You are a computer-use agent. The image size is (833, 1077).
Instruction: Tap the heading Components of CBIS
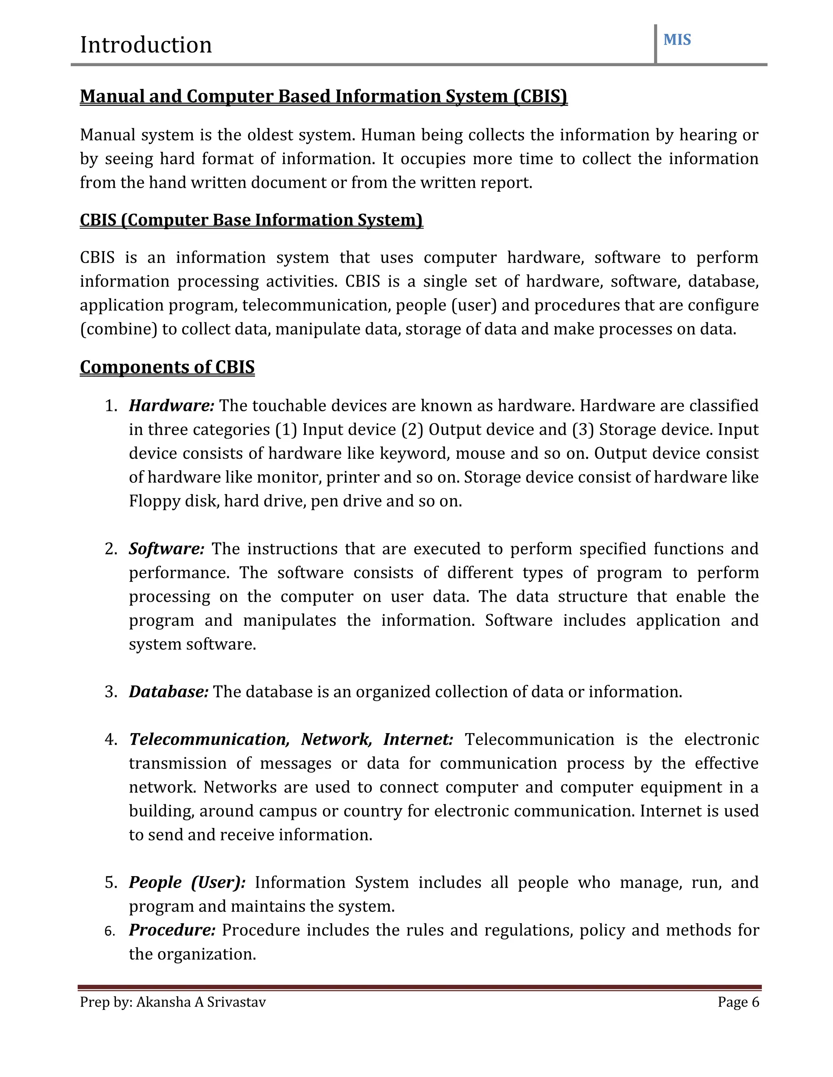[x=167, y=367]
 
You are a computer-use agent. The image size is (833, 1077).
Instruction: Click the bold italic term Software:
[x=166, y=549]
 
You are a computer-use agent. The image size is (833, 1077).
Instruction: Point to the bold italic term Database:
[x=168, y=692]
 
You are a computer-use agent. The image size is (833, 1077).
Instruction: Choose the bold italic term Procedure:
[x=172, y=930]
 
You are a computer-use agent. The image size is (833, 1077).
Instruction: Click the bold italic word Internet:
[x=418, y=739]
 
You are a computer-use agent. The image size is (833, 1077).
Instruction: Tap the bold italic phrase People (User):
[x=187, y=882]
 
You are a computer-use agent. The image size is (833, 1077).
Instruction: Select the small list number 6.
[x=109, y=932]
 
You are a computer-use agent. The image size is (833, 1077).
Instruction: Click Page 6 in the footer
[x=738, y=1003]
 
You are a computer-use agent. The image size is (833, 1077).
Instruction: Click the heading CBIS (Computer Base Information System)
[x=251, y=220]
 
